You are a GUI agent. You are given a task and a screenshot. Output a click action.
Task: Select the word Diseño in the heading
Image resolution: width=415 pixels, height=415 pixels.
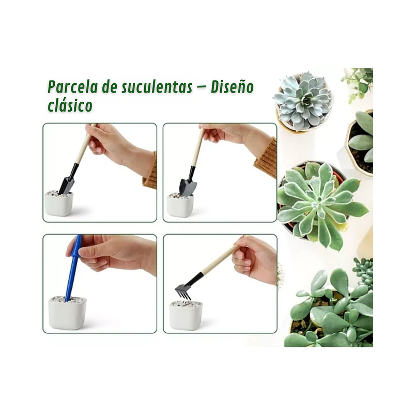pos(232,87)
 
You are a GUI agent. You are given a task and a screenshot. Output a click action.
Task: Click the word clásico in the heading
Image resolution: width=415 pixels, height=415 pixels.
pos(70,105)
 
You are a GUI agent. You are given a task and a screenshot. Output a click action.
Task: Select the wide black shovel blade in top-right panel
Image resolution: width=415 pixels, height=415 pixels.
pos(187,186)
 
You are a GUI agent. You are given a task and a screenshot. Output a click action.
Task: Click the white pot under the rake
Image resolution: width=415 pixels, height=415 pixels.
pos(186,315)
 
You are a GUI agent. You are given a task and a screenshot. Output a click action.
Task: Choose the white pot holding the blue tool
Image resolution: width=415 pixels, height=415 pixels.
pos(67,313)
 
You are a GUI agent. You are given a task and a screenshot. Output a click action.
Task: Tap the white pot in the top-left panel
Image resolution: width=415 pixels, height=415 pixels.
pos(59,204)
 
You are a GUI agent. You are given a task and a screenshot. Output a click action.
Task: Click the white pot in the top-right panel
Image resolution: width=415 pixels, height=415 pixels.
pos(180,205)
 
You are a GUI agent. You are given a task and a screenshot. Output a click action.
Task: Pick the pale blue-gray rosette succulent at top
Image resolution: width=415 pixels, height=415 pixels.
pos(303,100)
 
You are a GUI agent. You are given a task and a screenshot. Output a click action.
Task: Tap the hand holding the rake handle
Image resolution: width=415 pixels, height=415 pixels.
pos(255,258)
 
